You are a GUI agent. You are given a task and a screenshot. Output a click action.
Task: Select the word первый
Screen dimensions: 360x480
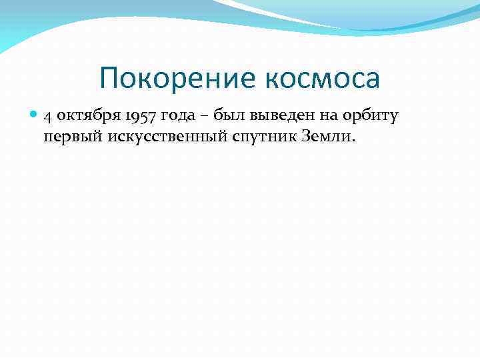[65, 137]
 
